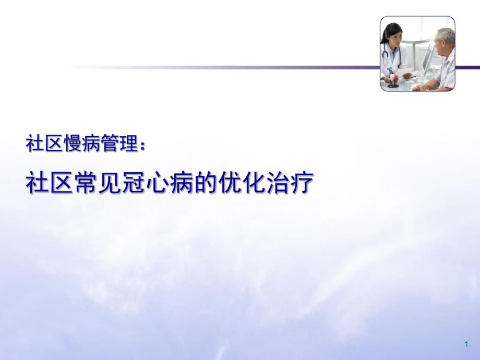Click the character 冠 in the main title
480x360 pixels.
134,184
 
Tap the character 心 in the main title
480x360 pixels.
158,184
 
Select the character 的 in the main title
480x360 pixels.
206,184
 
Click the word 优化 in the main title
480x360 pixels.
242,184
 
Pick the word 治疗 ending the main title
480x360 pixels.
290,184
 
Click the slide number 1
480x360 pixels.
466,344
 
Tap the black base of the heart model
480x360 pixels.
393,85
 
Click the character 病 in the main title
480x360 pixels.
182,184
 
